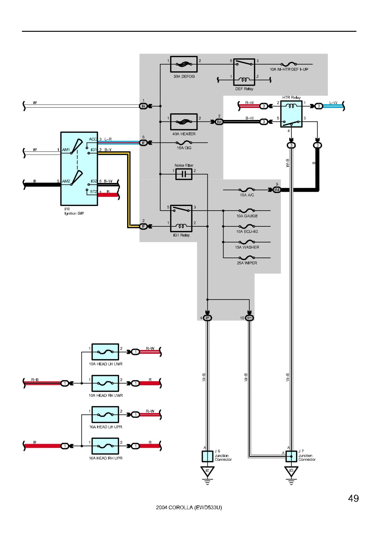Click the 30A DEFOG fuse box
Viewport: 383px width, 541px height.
pyautogui.click(x=184, y=64)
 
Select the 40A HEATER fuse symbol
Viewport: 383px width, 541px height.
pyautogui.click(x=184, y=122)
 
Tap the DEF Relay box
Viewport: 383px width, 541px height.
pyautogui.click(x=244, y=72)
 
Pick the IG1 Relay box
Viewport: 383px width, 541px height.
pyautogui.click(x=181, y=218)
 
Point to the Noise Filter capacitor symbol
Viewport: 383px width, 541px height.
pyautogui.click(x=184, y=174)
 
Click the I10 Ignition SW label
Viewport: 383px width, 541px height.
pyautogui.click(x=74, y=211)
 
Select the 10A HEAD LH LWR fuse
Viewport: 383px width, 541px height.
pyautogui.click(x=105, y=352)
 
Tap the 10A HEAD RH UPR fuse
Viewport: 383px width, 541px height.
pyautogui.click(x=105, y=446)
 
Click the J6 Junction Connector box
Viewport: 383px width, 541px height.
pyautogui.click(x=207, y=456)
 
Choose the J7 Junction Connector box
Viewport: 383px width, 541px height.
pyautogui.click(x=291, y=456)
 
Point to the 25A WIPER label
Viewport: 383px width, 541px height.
pyautogui.click(x=247, y=263)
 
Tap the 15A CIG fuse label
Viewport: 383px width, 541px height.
pyautogui.click(x=184, y=148)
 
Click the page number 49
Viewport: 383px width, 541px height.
pyautogui.click(x=353, y=498)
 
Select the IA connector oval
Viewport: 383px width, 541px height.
pyautogui.click(x=143, y=106)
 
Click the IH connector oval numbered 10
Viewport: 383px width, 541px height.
pyautogui.click(x=249, y=318)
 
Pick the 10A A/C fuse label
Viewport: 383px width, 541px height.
pyautogui.click(x=247, y=195)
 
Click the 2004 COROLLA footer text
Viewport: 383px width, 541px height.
pyautogui.click(x=189, y=507)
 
